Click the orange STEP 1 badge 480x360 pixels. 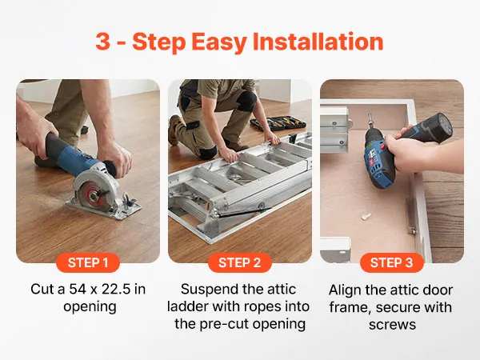click(x=88, y=262)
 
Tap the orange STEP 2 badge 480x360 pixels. click(x=240, y=262)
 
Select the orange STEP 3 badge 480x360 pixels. click(x=392, y=262)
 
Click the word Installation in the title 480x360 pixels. click(x=318, y=42)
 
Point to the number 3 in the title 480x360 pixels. click(x=103, y=42)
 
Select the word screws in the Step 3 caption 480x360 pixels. click(x=392, y=325)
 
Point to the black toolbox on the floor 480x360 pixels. click(x=278, y=123)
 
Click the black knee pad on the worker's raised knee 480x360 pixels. click(x=247, y=100)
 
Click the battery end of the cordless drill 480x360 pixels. click(x=441, y=127)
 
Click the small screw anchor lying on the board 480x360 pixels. click(x=366, y=217)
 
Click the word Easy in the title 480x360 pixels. click(x=219, y=42)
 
